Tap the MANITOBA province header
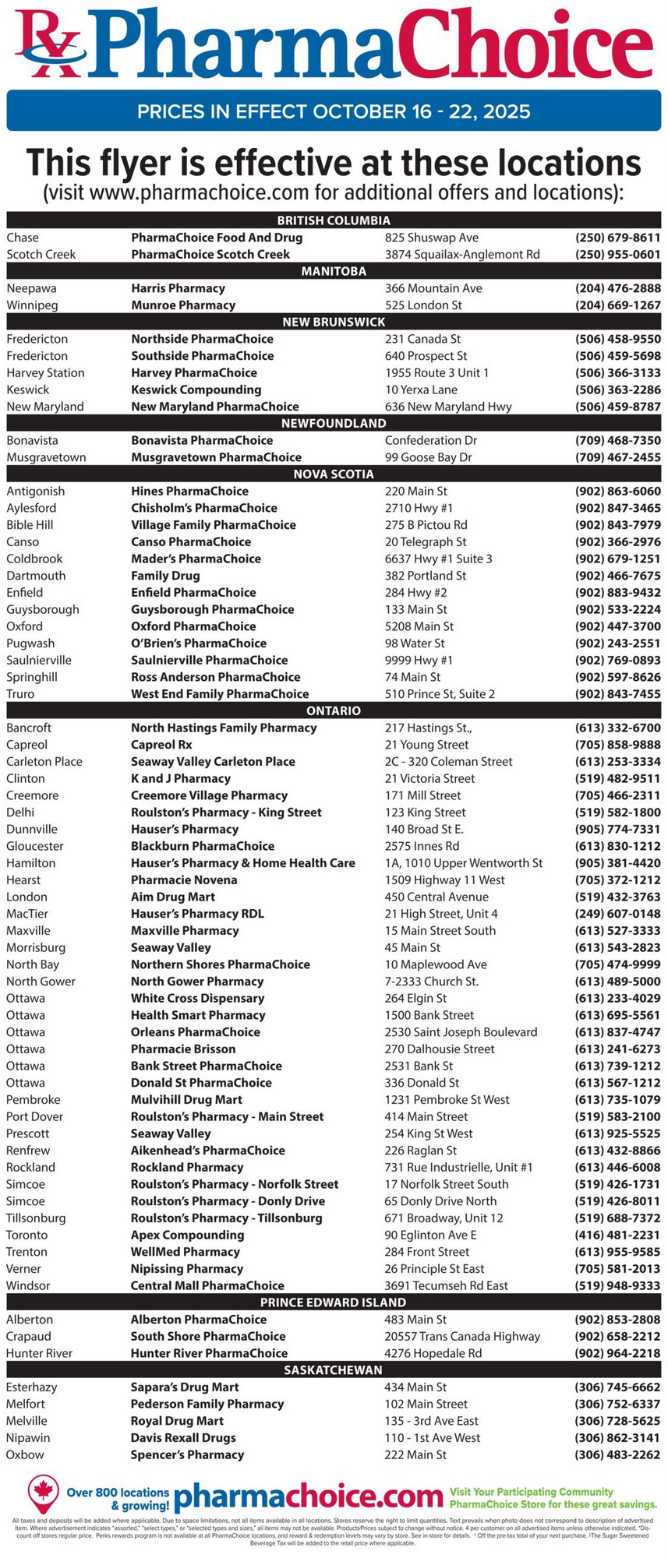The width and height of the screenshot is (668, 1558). [x=334, y=271]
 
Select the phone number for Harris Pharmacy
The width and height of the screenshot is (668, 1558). [x=617, y=288]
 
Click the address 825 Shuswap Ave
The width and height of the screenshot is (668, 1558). [x=432, y=238]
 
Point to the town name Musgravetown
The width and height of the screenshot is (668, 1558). [x=46, y=457]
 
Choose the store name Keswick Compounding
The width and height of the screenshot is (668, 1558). [x=196, y=389]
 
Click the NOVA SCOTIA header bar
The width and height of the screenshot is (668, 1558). [x=334, y=474]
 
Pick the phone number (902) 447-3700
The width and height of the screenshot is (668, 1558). [x=617, y=626]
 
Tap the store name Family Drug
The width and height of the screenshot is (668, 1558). [x=165, y=576]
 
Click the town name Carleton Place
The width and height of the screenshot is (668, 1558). [x=44, y=761]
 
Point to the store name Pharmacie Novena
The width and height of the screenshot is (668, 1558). [x=184, y=879]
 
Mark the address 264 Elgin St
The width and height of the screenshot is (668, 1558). [x=415, y=998]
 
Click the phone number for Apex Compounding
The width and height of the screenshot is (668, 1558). [x=617, y=1235]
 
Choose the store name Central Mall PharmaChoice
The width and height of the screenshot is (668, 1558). [x=207, y=1285]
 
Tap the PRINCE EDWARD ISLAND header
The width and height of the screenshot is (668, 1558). [x=334, y=1302]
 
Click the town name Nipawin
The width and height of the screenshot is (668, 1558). [x=28, y=1437]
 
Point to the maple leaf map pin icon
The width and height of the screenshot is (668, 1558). [x=43, y=1493]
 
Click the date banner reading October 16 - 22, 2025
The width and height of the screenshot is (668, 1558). [x=334, y=111]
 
